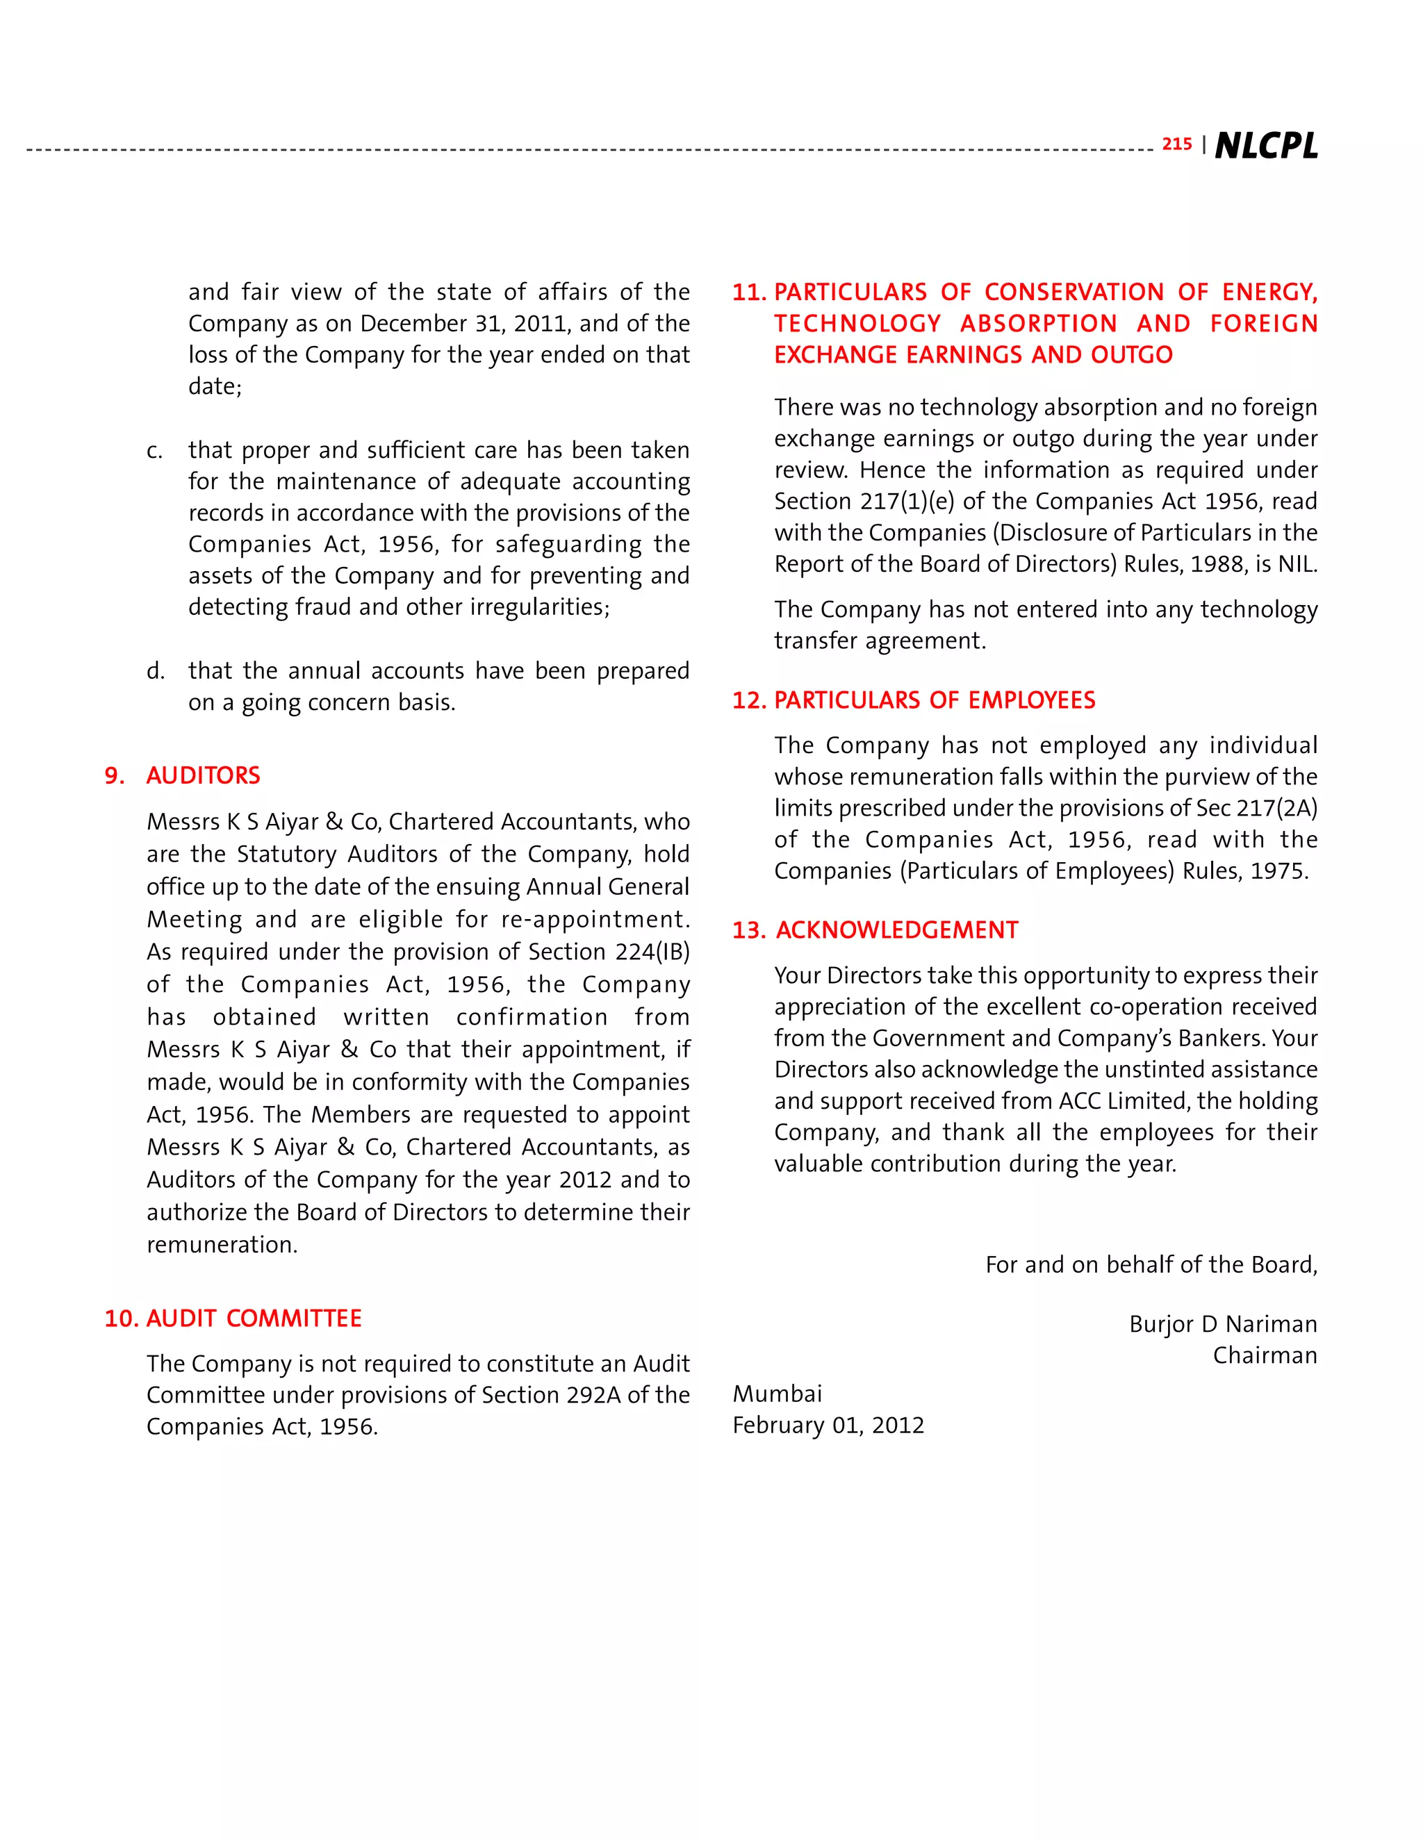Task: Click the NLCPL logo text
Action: point(1265,146)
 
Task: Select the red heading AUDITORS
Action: point(203,775)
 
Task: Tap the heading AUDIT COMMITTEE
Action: point(254,1319)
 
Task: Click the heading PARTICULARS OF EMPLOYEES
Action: point(934,700)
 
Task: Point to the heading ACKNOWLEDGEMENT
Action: point(897,931)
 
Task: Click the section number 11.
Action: point(748,292)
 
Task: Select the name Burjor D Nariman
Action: point(1222,1324)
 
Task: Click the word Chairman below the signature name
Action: point(1265,1355)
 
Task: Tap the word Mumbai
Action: point(776,1394)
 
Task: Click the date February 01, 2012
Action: point(828,1426)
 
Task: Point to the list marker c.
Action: point(154,451)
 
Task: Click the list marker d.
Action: point(154,672)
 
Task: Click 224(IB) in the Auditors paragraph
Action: point(652,952)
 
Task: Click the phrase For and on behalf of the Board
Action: point(1150,1264)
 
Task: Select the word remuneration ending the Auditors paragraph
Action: point(221,1245)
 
